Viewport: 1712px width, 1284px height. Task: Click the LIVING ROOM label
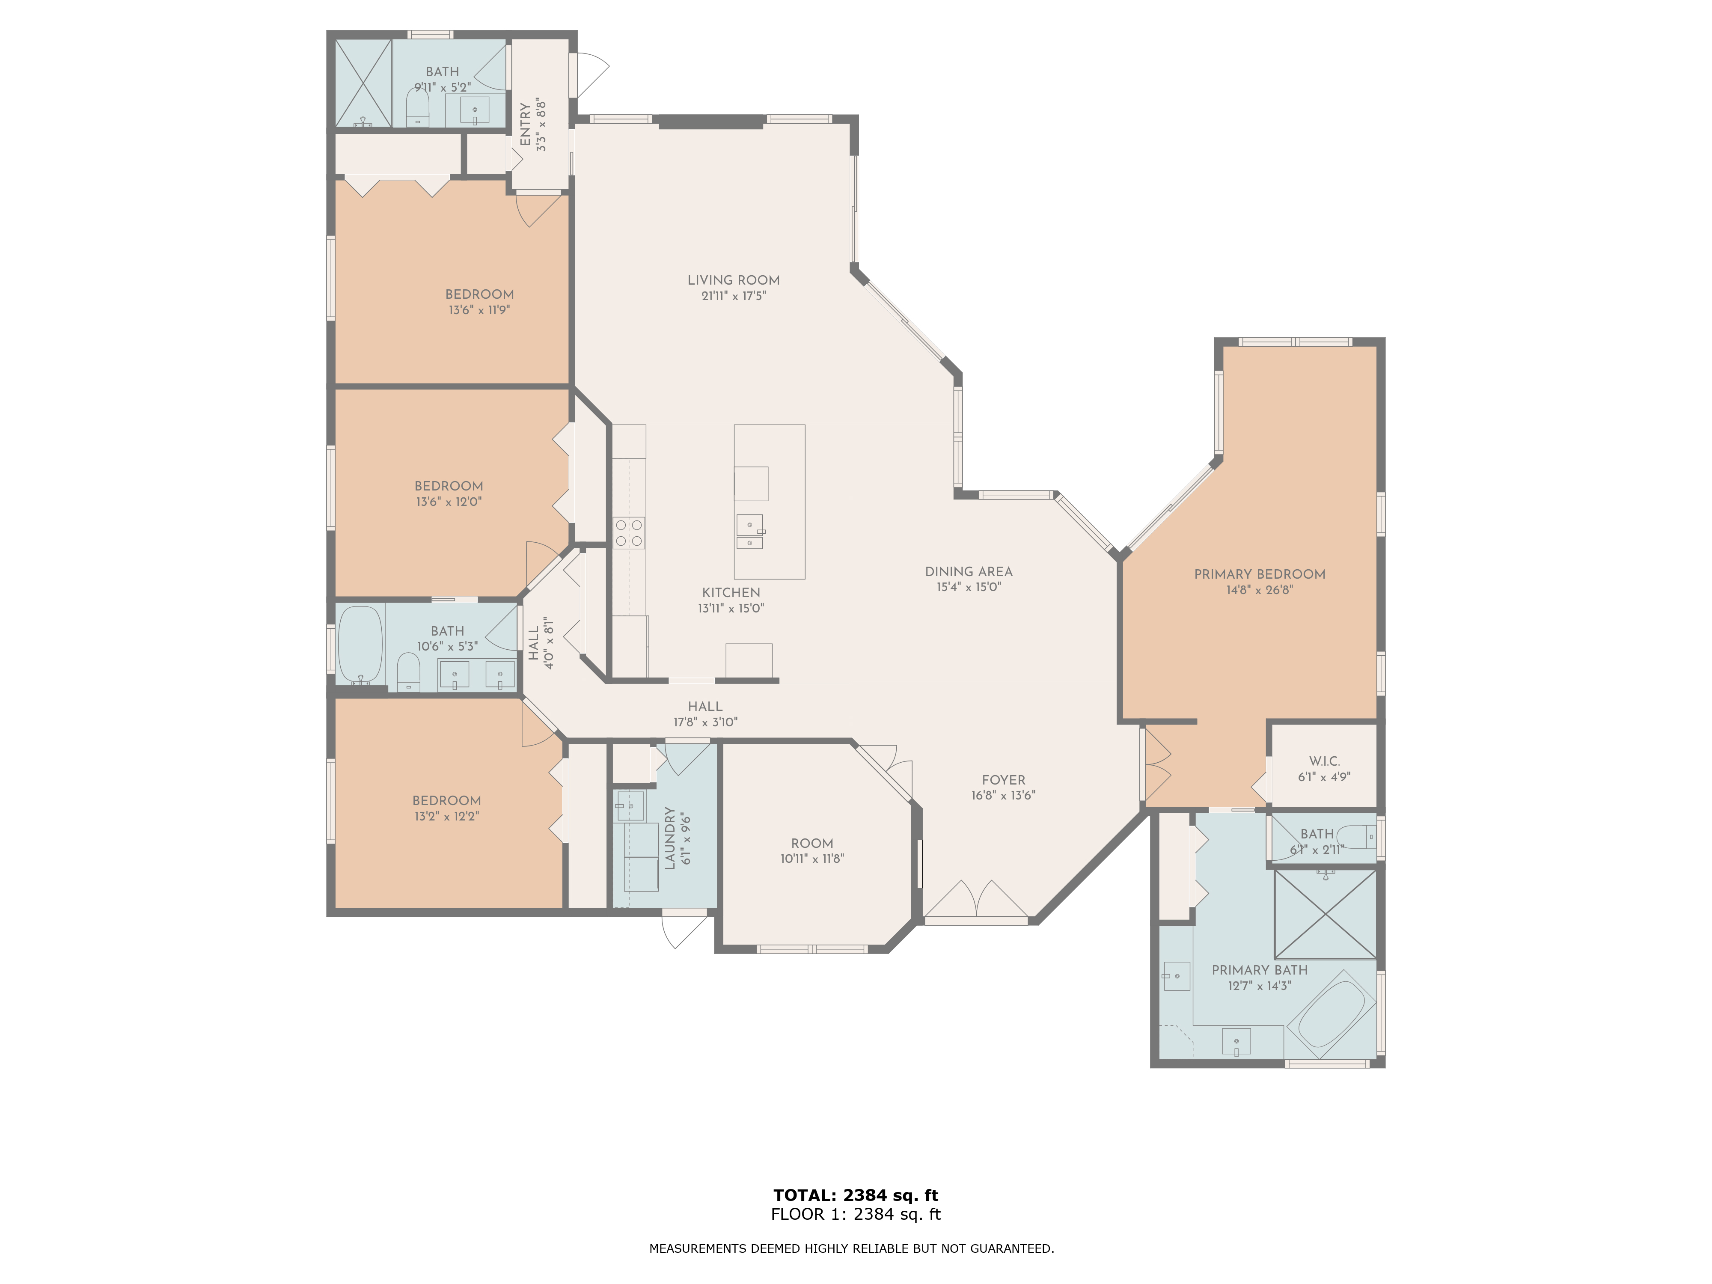[733, 280]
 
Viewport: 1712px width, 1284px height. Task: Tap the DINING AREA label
[968, 572]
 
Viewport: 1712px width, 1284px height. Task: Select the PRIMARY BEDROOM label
[1259, 574]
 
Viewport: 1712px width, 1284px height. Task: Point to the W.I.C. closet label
[1324, 761]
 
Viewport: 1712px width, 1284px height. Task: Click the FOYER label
[1003, 780]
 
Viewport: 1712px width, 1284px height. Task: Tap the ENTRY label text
[526, 125]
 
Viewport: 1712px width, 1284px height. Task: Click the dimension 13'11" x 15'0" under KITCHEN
[731, 608]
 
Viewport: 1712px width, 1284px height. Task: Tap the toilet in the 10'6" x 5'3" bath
[408, 672]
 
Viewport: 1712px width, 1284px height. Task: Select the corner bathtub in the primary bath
[1331, 1014]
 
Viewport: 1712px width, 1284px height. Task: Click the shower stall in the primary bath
[1325, 914]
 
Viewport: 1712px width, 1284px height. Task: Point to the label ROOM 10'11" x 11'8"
[812, 850]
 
